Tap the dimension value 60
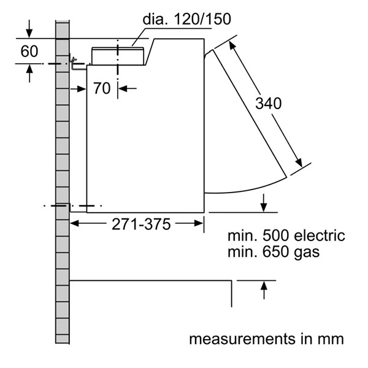coord(29,51)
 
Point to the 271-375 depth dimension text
coord(140,224)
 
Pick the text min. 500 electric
coord(286,236)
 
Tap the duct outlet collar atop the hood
coord(118,55)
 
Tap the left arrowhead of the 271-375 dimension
coord(75,224)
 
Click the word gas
coord(306,252)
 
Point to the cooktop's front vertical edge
coord(232,294)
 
